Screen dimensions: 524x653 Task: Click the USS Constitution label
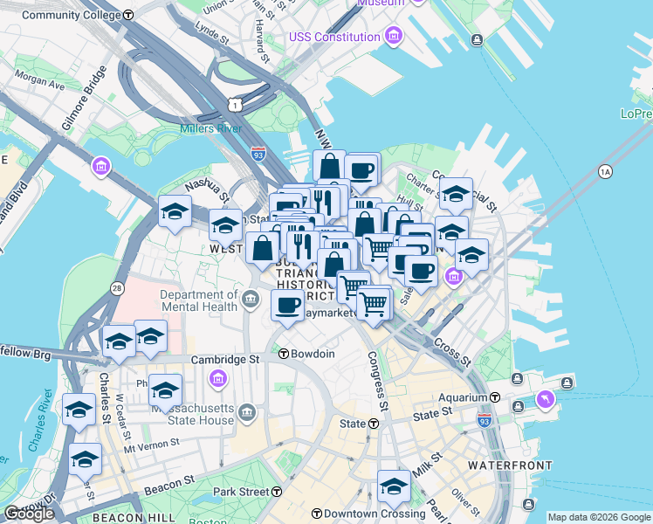334,37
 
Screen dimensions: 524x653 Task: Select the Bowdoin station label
312,354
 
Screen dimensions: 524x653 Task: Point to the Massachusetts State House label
193,414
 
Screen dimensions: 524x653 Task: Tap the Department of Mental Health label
199,300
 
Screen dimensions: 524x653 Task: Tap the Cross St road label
451,351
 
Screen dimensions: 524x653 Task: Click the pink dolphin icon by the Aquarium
546,398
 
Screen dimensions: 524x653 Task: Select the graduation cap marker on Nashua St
175,212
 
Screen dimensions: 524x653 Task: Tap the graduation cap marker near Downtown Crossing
394,486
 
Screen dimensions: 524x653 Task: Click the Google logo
30,514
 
